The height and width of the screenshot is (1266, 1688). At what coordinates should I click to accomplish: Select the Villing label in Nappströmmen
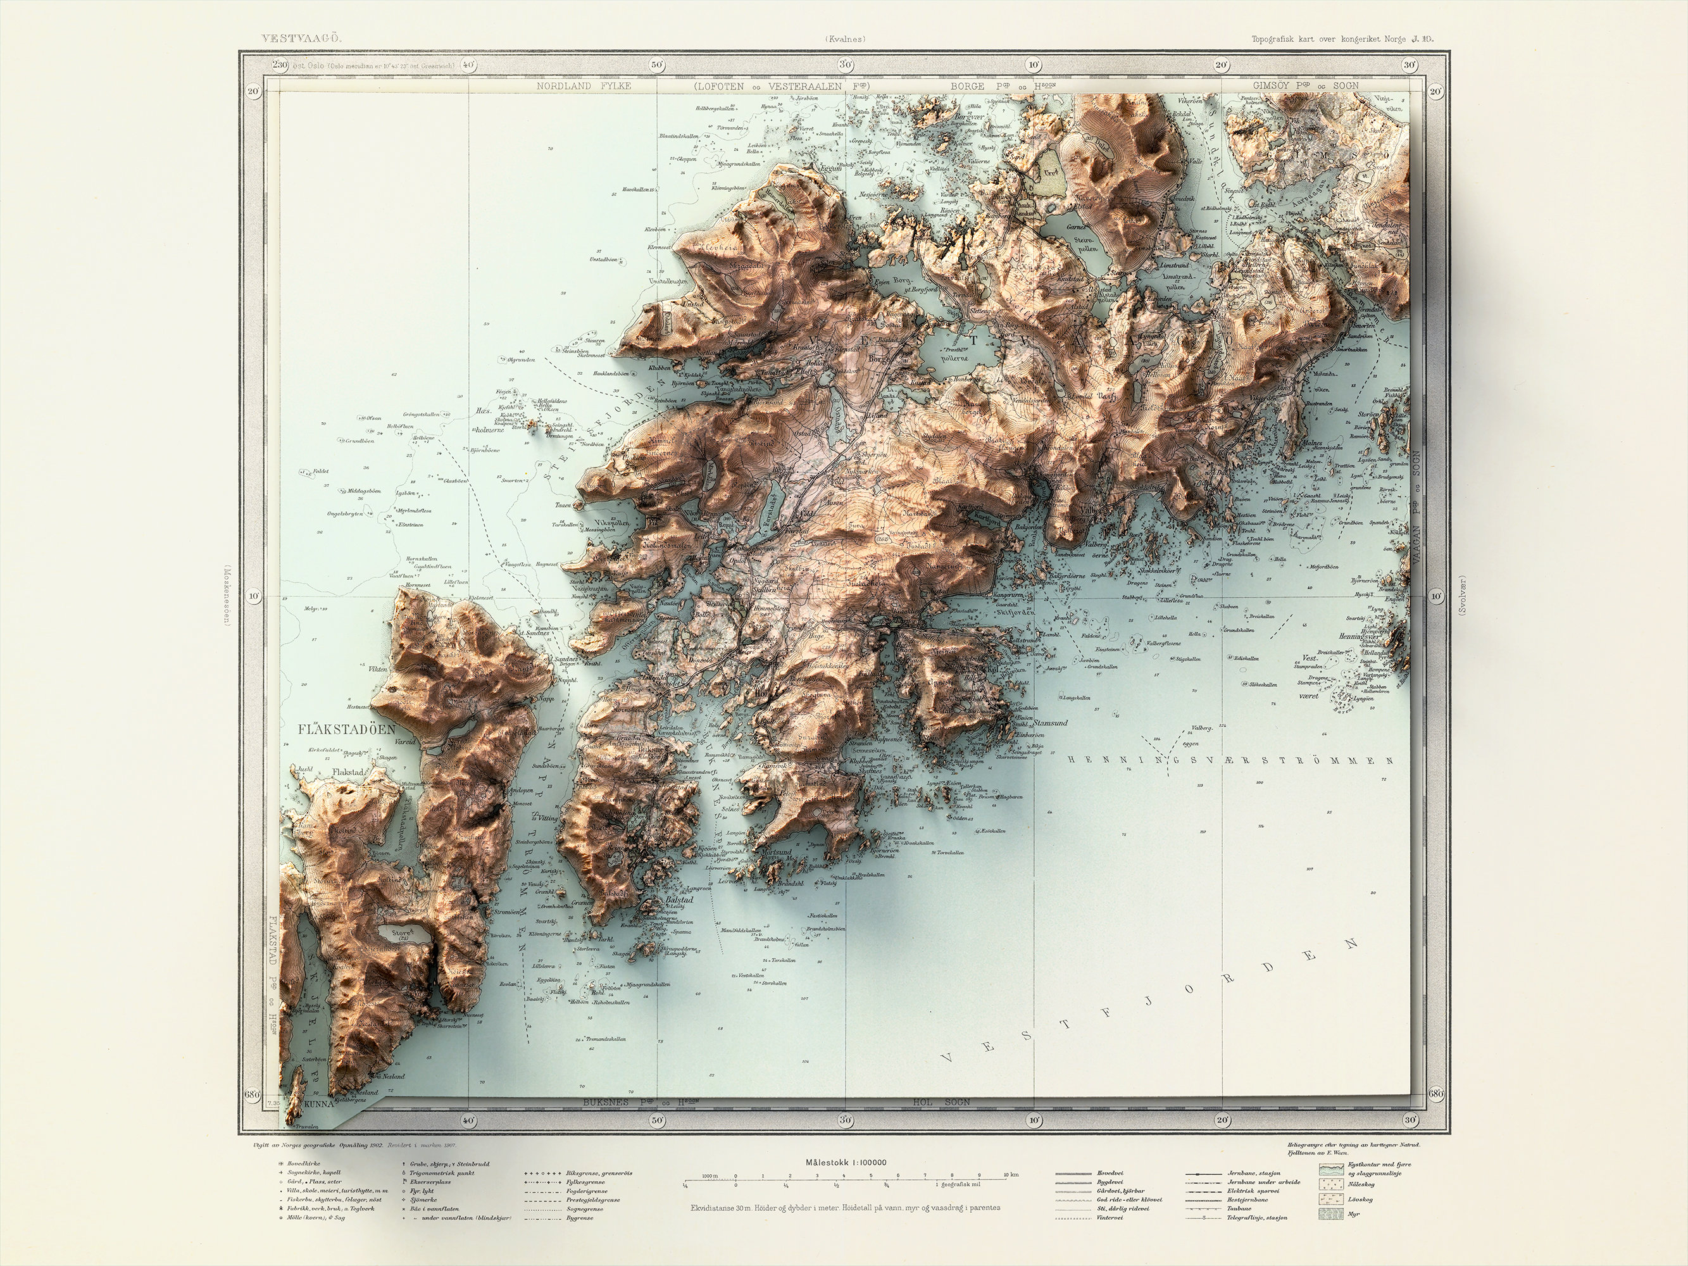point(549,817)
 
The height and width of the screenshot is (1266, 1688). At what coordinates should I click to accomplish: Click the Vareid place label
point(404,741)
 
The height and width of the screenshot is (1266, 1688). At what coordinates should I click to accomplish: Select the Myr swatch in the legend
point(1330,1213)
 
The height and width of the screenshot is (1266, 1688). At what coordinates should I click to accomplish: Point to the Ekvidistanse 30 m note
point(844,1207)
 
